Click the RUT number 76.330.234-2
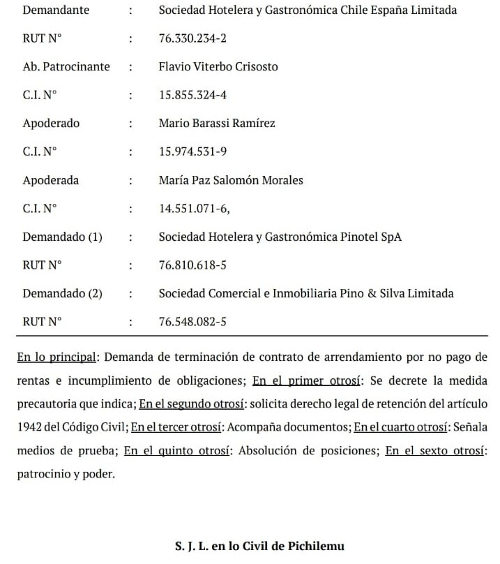tap(192, 38)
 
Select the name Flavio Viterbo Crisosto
tap(218, 67)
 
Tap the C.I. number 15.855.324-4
tap(192, 95)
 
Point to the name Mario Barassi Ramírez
tap(217, 124)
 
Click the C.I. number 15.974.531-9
tap(192, 151)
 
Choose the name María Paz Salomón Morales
tap(231, 180)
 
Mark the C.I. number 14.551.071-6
tap(193, 208)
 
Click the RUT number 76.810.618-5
tap(192, 265)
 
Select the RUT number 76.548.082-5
tap(192, 322)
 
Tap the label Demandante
tap(56, 10)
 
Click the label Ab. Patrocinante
tap(66, 67)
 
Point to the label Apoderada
tap(51, 180)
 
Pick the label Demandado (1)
tap(63, 237)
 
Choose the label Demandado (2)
tap(63, 293)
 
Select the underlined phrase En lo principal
tap(56, 357)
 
